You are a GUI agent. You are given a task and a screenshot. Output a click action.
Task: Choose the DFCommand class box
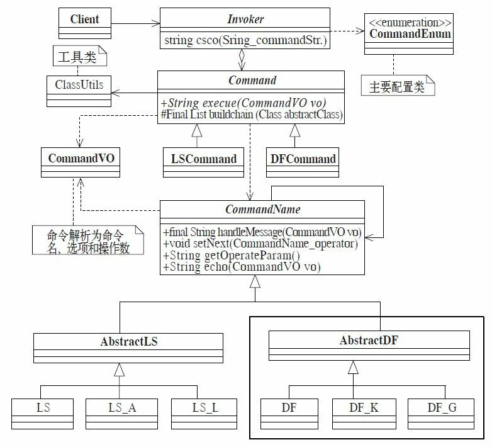(303, 162)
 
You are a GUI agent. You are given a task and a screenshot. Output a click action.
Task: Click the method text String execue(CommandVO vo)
(249, 103)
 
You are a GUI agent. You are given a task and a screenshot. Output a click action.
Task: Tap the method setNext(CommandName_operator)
(260, 244)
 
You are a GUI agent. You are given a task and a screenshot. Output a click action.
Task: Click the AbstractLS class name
(128, 342)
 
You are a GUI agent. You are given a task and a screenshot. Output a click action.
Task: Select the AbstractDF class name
(369, 341)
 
